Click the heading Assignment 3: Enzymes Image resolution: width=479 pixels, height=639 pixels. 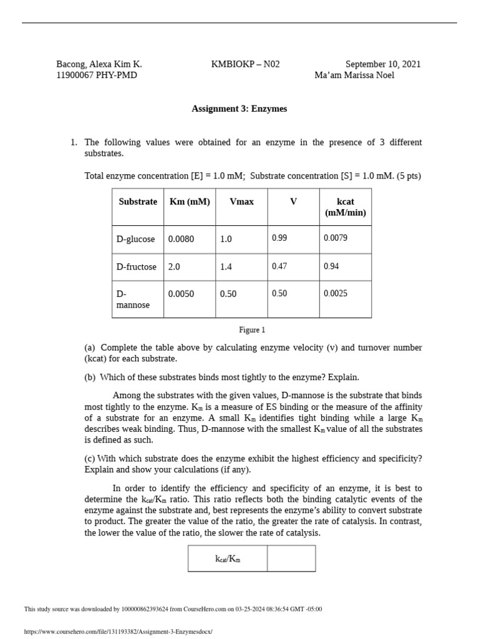click(239, 109)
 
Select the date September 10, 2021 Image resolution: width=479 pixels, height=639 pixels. click(383, 64)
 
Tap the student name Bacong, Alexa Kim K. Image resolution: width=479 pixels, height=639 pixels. click(99, 64)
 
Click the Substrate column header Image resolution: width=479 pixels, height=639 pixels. click(138, 202)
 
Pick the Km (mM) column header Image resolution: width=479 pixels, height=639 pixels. click(190, 202)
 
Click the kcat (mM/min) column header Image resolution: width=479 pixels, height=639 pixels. click(345, 207)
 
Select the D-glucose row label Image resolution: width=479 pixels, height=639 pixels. click(137, 239)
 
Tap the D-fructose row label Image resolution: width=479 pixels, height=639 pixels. click(137, 266)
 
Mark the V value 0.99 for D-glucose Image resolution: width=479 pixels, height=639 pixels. click(279, 238)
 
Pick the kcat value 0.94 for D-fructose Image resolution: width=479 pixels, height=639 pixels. click(331, 266)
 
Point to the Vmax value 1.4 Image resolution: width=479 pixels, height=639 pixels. click(226, 266)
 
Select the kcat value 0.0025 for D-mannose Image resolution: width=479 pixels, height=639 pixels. click(336, 293)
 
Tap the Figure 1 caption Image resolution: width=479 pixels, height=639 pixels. click(252, 329)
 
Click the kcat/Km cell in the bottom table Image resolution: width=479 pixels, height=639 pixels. click(228, 559)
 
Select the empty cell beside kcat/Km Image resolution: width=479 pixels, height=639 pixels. click(291, 559)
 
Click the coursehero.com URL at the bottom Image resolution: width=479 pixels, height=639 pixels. click(118, 632)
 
